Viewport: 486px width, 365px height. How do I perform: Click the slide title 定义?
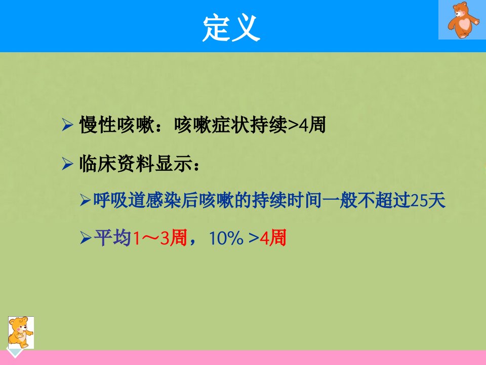coord(231,28)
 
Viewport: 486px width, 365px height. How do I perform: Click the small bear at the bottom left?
coord(20,333)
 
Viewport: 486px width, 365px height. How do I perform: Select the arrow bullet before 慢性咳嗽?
coord(67,125)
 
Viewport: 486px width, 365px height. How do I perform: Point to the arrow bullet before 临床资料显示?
coord(67,164)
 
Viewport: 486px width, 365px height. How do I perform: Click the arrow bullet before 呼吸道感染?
coord(85,200)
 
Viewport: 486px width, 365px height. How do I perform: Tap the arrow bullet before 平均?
coord(85,238)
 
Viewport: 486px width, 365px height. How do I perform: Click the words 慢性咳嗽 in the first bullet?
coord(117,125)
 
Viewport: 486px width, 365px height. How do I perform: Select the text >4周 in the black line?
coord(307,125)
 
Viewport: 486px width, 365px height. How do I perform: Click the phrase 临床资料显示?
coord(136,164)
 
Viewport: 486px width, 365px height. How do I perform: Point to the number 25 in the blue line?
coord(419,201)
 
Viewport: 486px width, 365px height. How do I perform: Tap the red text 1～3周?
coord(160,238)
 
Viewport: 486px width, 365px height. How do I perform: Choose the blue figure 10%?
coord(226,238)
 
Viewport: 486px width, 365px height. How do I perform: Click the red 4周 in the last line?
coord(273,238)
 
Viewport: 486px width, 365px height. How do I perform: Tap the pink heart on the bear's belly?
coord(464,24)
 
